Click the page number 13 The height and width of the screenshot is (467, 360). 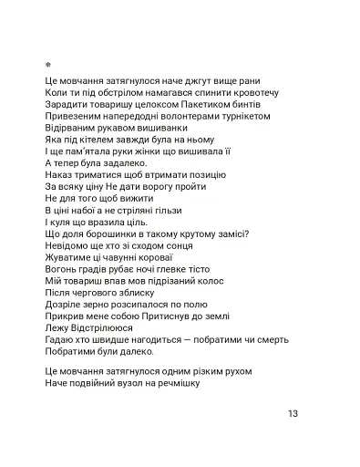(293, 413)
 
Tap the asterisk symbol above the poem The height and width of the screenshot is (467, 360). (47, 65)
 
